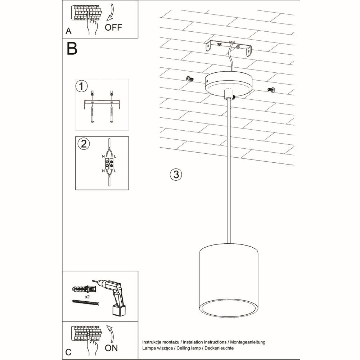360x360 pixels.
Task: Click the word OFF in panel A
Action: click(113, 27)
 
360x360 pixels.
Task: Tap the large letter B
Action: click(72, 49)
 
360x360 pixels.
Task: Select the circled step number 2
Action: click(84, 144)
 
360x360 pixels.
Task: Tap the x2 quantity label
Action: click(87, 297)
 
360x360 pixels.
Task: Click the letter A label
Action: click(68, 31)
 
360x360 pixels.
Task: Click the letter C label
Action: click(68, 352)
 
